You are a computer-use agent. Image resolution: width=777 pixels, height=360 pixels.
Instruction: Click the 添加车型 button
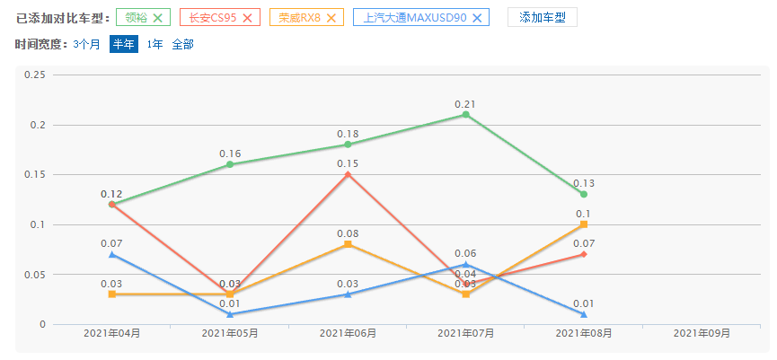click(542, 17)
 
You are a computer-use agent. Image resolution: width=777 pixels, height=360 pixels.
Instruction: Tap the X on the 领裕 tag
click(158, 17)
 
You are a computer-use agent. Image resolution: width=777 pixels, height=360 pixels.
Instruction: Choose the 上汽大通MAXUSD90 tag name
click(414, 17)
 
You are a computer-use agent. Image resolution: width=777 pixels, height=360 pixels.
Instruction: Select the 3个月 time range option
click(87, 43)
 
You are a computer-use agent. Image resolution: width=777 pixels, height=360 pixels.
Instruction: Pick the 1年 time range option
click(155, 43)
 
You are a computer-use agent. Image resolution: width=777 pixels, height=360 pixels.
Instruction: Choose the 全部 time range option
click(182, 43)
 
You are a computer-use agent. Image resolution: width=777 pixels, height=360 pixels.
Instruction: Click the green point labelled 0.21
click(465, 115)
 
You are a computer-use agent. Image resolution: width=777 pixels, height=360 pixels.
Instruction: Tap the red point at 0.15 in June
click(348, 174)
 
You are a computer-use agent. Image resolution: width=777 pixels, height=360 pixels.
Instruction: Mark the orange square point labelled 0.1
click(584, 224)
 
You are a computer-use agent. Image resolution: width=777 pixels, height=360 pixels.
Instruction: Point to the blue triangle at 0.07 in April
click(111, 254)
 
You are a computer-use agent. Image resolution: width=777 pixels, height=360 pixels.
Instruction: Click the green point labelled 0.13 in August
click(584, 194)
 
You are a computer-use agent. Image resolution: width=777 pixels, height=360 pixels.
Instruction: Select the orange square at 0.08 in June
click(348, 244)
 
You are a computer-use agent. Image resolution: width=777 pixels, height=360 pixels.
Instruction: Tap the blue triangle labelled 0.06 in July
click(465, 264)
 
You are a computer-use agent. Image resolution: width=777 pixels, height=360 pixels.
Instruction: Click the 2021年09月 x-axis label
click(702, 333)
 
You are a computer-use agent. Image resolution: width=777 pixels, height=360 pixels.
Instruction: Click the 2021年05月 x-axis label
click(230, 333)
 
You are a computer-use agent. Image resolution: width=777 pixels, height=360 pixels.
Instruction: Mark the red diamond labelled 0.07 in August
click(584, 254)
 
